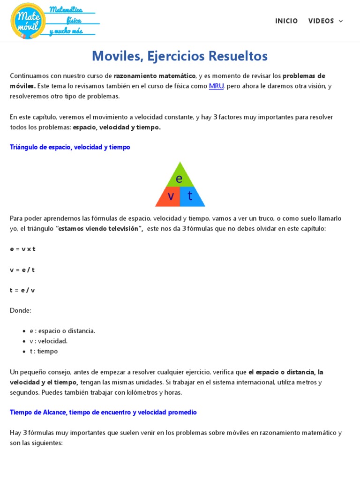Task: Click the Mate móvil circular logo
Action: click(x=28, y=21)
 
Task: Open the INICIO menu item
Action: click(x=286, y=21)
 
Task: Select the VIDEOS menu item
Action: click(x=321, y=21)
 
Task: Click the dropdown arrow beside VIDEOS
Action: click(x=341, y=21)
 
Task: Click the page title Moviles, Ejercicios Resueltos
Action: click(x=180, y=56)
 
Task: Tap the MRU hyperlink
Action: click(x=216, y=86)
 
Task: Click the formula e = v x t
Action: click(x=22, y=249)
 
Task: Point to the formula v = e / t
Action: click(x=22, y=270)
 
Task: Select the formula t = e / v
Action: click(x=22, y=290)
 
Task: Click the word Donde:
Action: click(x=21, y=310)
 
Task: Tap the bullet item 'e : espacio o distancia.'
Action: click(x=62, y=331)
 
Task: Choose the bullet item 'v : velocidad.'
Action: click(x=49, y=341)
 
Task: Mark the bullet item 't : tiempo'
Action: click(x=44, y=352)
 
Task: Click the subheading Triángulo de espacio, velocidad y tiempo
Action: click(x=70, y=147)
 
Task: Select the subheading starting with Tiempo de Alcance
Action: click(x=103, y=412)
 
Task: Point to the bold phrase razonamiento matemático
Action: click(x=155, y=76)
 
